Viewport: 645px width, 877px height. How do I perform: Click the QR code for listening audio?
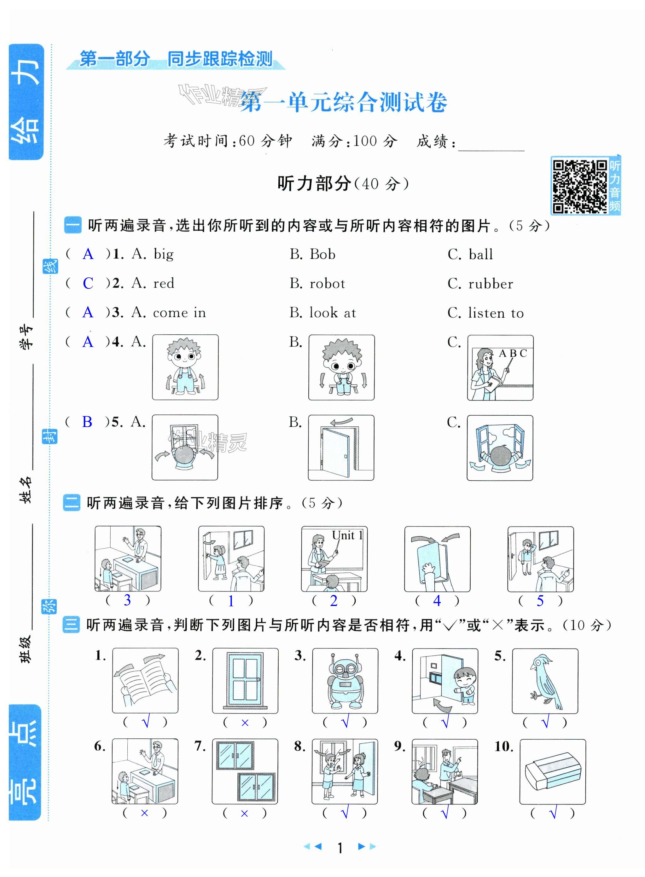coord(580,186)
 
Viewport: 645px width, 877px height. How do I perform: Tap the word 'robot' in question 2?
coord(327,284)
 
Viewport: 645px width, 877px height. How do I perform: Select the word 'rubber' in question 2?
coord(491,284)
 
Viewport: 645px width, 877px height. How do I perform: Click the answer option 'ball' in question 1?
coord(481,255)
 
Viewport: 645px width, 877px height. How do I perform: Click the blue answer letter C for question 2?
coord(88,283)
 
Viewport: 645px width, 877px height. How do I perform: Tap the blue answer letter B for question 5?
coord(87,422)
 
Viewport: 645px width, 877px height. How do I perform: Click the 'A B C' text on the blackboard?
coord(513,354)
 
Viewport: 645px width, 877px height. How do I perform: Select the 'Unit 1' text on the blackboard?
coord(347,535)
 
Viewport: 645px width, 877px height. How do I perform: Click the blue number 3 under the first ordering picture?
coord(127,600)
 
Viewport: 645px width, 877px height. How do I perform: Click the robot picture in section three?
coord(345,681)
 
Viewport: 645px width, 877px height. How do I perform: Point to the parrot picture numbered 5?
coord(545,681)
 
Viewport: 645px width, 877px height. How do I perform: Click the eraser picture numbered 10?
coord(552,772)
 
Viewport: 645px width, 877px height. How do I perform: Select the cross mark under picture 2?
coord(245,723)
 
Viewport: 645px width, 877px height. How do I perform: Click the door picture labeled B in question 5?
coord(341,447)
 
